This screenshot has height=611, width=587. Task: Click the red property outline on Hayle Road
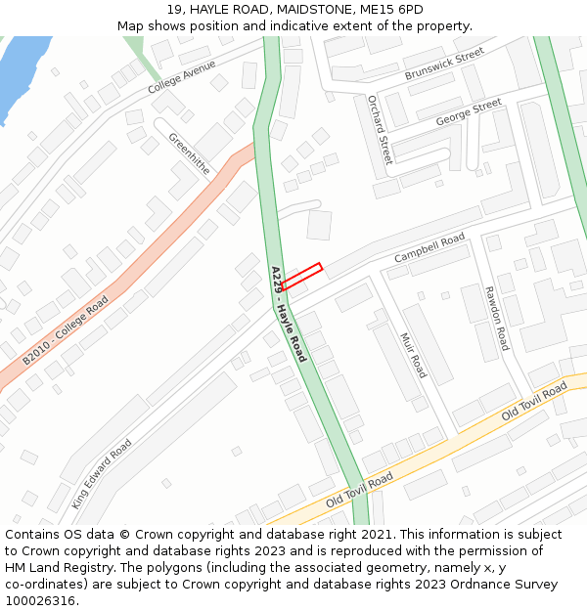point(301,277)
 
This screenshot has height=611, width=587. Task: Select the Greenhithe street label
point(189,153)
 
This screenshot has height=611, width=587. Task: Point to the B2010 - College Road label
point(66,330)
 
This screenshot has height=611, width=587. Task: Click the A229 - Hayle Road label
point(289,313)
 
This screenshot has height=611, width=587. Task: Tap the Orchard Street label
point(379,129)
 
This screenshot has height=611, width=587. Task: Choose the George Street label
point(469,111)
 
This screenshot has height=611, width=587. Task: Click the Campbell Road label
point(429,247)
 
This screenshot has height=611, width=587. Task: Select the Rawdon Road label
point(497,318)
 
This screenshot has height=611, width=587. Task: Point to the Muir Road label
point(413,355)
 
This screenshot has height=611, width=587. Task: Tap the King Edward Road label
point(102,473)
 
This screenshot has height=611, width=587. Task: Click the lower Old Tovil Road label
point(359,490)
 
